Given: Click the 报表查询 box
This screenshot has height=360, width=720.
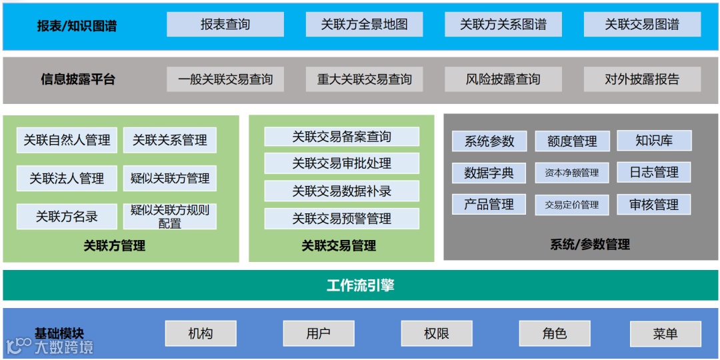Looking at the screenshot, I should (x=225, y=25).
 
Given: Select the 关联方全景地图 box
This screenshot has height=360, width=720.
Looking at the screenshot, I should (x=364, y=25).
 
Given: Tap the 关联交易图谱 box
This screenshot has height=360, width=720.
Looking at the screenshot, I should (x=642, y=25).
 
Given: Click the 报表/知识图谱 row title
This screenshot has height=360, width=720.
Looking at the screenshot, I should (x=77, y=27).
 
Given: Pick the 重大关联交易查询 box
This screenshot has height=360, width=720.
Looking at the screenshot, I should (x=364, y=79).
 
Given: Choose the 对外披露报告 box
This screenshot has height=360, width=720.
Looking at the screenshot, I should (x=642, y=79).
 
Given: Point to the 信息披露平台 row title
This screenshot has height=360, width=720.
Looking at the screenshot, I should (x=78, y=79).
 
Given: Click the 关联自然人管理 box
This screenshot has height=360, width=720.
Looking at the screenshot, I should (x=67, y=140).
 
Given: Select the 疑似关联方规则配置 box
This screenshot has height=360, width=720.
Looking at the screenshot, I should (x=170, y=217).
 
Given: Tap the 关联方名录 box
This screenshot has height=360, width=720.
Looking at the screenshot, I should (x=67, y=217).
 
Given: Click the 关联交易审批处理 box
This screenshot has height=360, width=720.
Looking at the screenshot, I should (x=341, y=163).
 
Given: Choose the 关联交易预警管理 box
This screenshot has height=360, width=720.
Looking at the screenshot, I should (x=341, y=218).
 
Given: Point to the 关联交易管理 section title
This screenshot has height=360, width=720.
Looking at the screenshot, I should (x=339, y=246).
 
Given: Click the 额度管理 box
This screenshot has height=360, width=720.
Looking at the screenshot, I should (x=572, y=141).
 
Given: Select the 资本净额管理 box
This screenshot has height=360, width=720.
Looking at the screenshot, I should (x=572, y=173).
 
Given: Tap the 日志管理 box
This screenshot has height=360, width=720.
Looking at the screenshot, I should (x=654, y=172).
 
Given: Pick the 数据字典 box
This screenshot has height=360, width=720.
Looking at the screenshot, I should (x=489, y=173).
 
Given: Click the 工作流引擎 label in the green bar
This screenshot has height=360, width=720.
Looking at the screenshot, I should (x=360, y=285).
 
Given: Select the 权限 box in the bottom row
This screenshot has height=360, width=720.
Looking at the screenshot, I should (x=437, y=333).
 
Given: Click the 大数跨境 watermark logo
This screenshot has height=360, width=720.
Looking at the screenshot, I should (x=50, y=345).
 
